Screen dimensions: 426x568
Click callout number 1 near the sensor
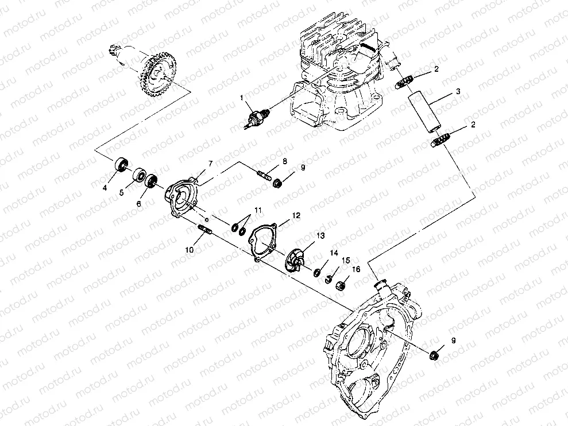243,99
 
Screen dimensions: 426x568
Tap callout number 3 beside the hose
458,91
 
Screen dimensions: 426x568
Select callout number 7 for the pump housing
210,164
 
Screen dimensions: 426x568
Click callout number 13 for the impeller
320,235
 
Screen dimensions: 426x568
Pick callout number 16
357,269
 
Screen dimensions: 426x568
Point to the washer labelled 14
316,270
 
